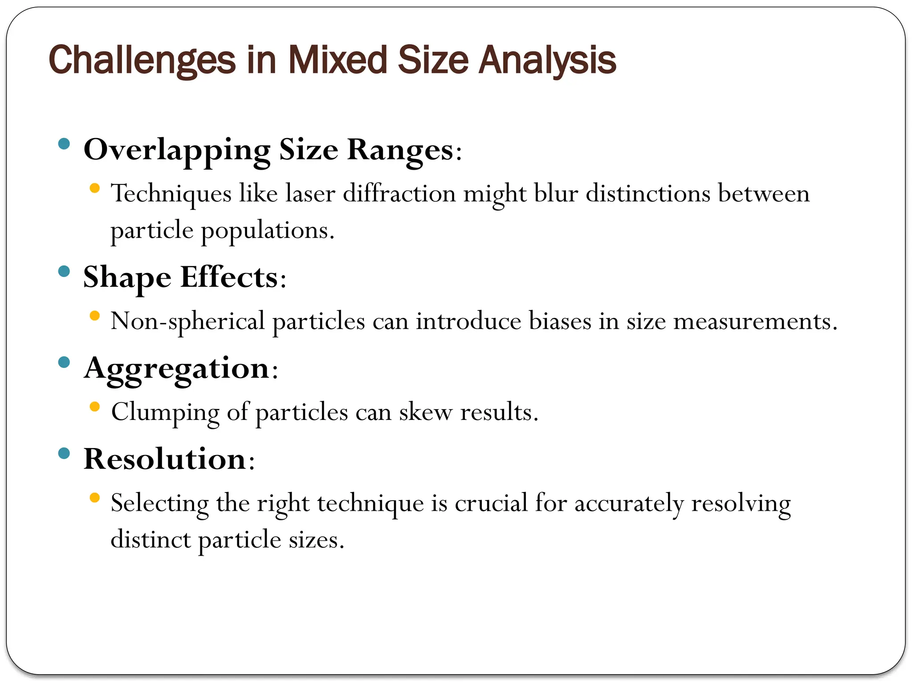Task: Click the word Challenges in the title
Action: coord(142,61)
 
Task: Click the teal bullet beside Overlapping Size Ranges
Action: coord(64,143)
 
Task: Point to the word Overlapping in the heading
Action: coord(177,150)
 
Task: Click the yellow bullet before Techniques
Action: coord(94,188)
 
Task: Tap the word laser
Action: coord(310,194)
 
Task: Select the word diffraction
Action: coord(399,194)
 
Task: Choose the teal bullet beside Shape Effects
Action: coord(64,271)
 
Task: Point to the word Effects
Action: coord(229,277)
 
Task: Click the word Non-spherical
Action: coord(187,322)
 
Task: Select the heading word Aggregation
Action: coord(177,369)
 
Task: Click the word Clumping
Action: coord(165,412)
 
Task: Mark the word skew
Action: coord(425,412)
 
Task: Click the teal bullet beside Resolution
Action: coord(64,453)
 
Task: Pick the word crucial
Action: coord(491,503)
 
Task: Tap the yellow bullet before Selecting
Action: coord(94,498)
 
